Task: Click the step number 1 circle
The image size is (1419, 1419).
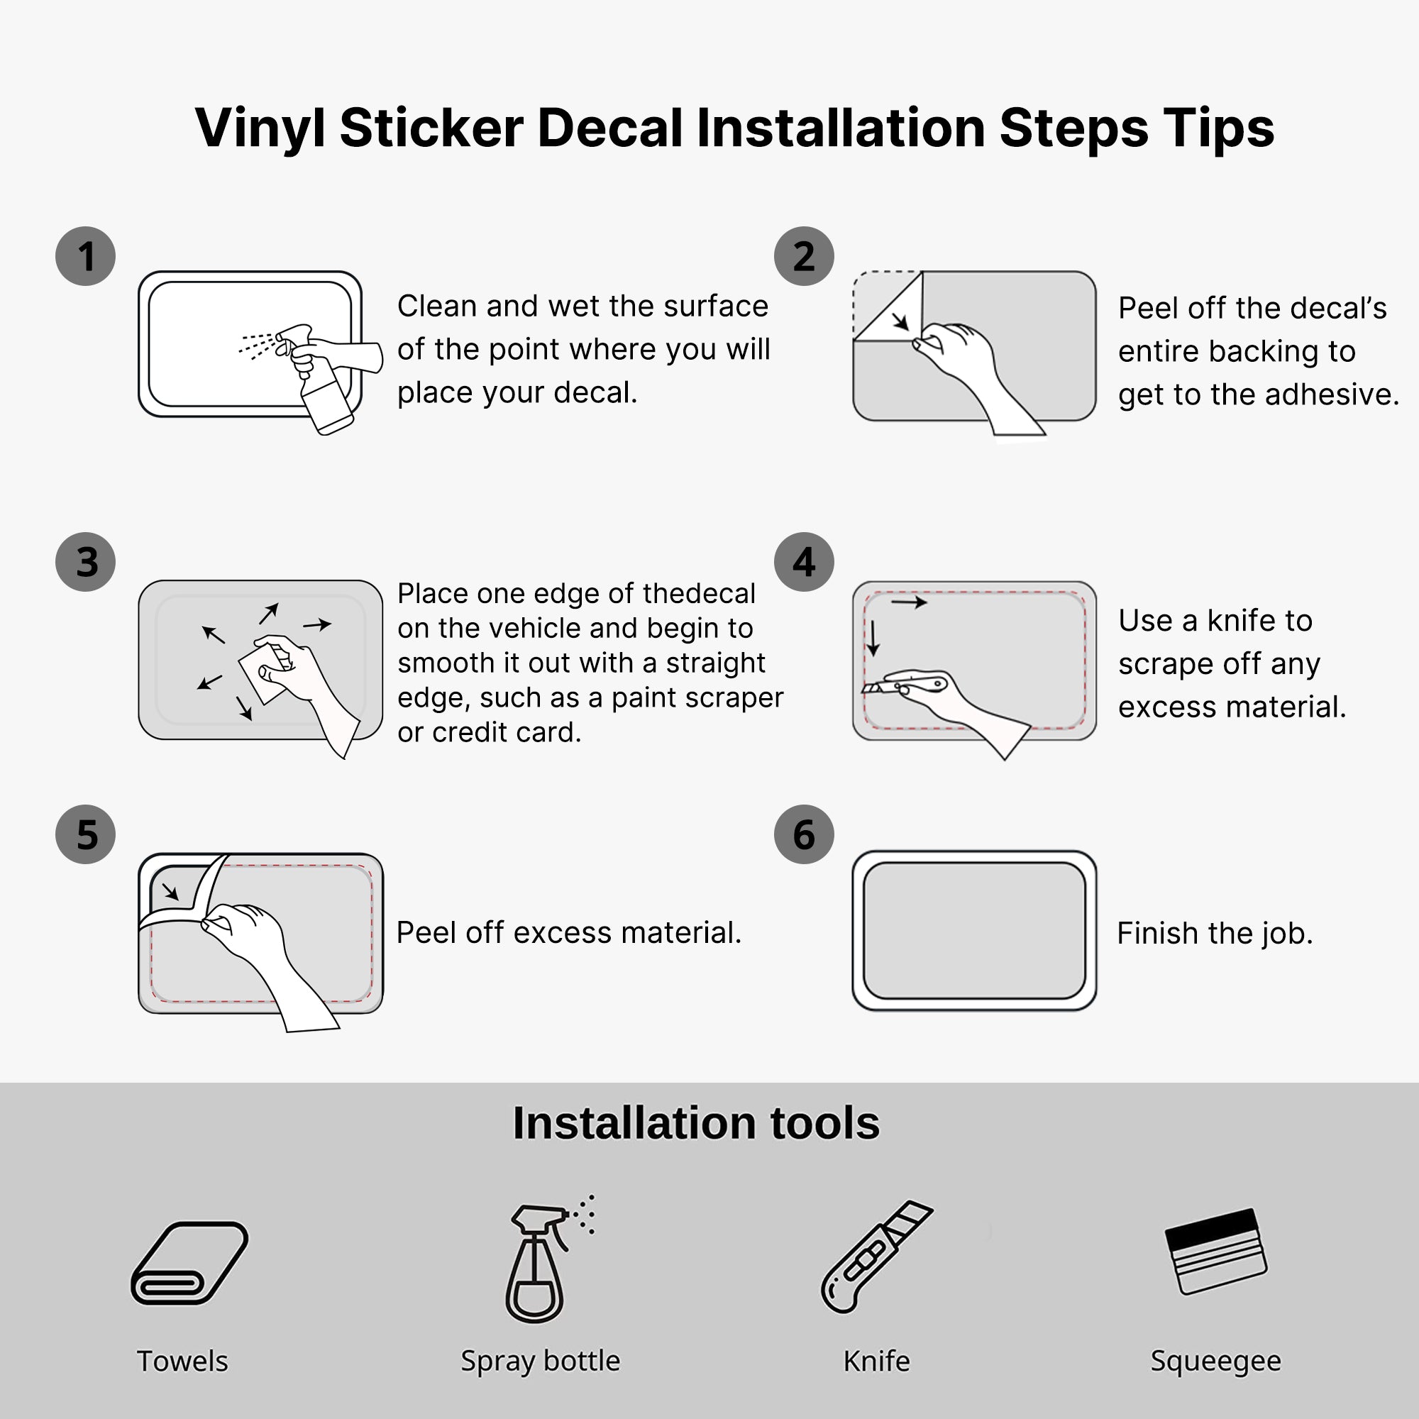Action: point(85,255)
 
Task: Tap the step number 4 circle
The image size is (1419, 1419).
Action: point(804,562)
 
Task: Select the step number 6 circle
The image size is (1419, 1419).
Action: point(804,834)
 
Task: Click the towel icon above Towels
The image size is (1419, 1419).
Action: point(189,1263)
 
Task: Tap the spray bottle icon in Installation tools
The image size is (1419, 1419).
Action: point(543,1259)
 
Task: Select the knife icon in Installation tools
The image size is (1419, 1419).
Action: point(876,1257)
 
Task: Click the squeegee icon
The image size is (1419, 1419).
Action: point(1216,1251)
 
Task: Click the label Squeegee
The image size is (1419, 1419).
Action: point(1215,1361)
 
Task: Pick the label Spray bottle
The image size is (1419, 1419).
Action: point(541,1361)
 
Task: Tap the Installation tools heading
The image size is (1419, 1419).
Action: point(695,1123)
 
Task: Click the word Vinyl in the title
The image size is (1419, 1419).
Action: point(260,128)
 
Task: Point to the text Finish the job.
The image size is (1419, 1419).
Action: point(1215,933)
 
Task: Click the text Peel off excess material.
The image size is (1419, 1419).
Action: point(569,932)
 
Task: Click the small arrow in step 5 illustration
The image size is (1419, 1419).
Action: point(170,892)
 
